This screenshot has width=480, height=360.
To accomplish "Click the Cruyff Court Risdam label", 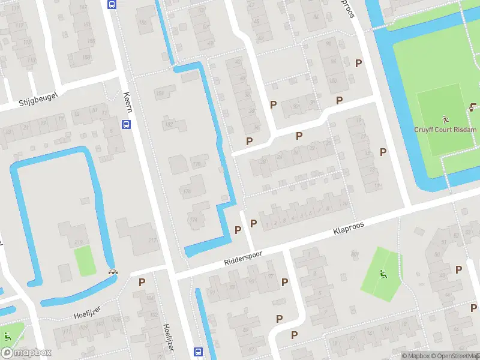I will tap(445, 130).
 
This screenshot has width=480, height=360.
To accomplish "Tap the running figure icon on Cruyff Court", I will tap(445, 119).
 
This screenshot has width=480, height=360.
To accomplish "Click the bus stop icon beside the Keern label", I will tap(126, 124).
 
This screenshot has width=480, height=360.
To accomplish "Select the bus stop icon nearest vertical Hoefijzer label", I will tap(198, 352).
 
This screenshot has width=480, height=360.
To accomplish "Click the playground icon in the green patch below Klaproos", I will tap(383, 275).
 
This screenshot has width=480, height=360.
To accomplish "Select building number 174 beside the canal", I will tap(193, 220).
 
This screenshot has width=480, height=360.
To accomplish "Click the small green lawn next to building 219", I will tap(85, 260).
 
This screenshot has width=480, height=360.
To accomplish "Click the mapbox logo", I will tap(26, 353).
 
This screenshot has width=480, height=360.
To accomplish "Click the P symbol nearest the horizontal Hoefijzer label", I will tap(142, 281).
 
